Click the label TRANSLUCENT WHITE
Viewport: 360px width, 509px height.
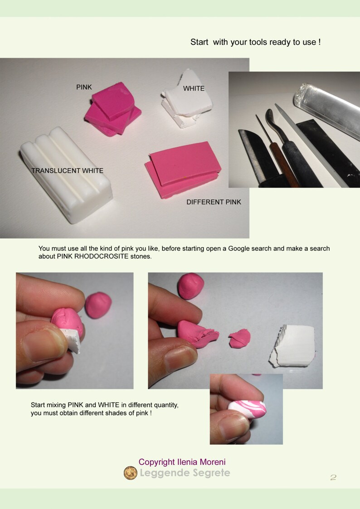click(67, 171)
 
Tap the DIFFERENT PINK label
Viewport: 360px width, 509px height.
click(214, 202)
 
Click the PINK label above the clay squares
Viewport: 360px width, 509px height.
click(84, 87)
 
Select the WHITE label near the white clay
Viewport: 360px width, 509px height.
click(194, 88)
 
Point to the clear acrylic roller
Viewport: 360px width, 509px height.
click(326, 108)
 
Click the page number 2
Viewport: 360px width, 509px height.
click(333, 477)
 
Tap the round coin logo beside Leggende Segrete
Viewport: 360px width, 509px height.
click(130, 473)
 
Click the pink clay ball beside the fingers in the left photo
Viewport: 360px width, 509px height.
click(98, 305)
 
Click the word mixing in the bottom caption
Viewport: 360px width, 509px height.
click(57, 405)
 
